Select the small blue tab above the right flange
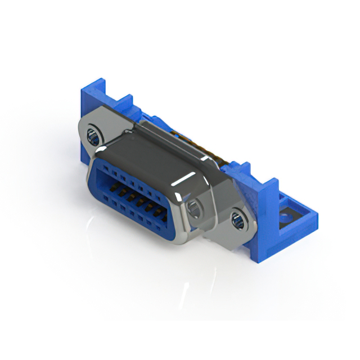pyautogui.click(x=242, y=168)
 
